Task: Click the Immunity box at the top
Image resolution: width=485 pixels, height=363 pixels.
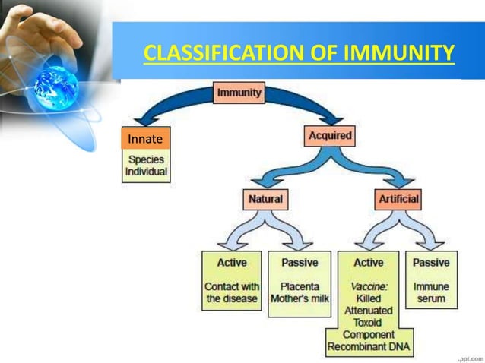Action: click(x=239, y=93)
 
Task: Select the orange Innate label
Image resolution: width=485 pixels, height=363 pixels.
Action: click(x=145, y=139)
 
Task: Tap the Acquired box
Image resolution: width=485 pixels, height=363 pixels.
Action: click(x=330, y=137)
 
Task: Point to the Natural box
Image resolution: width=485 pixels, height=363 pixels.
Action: click(x=265, y=199)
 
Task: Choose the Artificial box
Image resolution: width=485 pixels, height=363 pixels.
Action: click(x=398, y=199)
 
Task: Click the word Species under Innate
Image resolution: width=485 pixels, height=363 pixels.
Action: click(x=146, y=160)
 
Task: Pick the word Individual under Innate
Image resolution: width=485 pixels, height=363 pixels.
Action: click(x=146, y=172)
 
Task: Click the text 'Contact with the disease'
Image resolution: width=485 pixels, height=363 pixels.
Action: click(x=232, y=292)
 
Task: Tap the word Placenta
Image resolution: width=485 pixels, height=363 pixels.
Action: click(x=300, y=286)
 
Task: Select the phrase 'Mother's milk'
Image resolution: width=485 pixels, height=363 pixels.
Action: click(x=300, y=298)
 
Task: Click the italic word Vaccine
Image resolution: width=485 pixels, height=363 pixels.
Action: click(x=369, y=286)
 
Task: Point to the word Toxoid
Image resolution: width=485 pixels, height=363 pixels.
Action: click(x=369, y=322)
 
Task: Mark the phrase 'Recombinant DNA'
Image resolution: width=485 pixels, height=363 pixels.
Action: click(x=369, y=346)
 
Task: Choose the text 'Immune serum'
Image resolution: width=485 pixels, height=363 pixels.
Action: click(x=431, y=292)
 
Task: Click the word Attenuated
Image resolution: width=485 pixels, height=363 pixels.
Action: click(x=369, y=310)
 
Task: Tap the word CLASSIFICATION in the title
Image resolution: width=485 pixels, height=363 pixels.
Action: click(x=217, y=54)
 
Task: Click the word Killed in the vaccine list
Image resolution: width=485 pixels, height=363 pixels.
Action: click(x=369, y=298)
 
